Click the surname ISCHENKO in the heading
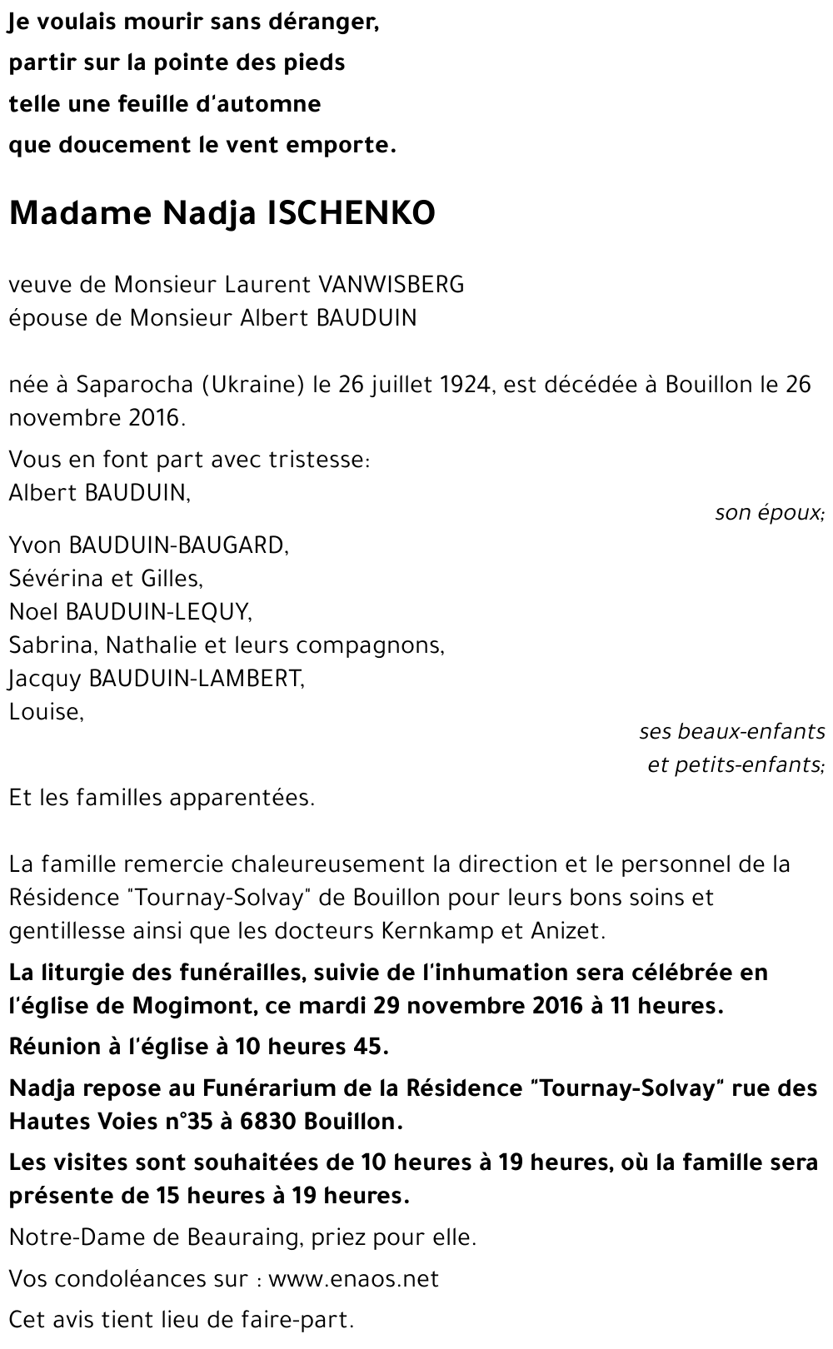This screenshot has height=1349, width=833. pos(351,214)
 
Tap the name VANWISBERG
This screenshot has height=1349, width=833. pos(391,285)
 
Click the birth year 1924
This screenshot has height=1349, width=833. pos(464,385)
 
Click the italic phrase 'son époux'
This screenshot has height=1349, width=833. pos(769,513)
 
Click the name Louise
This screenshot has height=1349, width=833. pos(46,712)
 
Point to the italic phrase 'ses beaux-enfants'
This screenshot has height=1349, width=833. pos(731,732)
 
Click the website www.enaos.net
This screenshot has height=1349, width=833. pos(353,1278)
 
